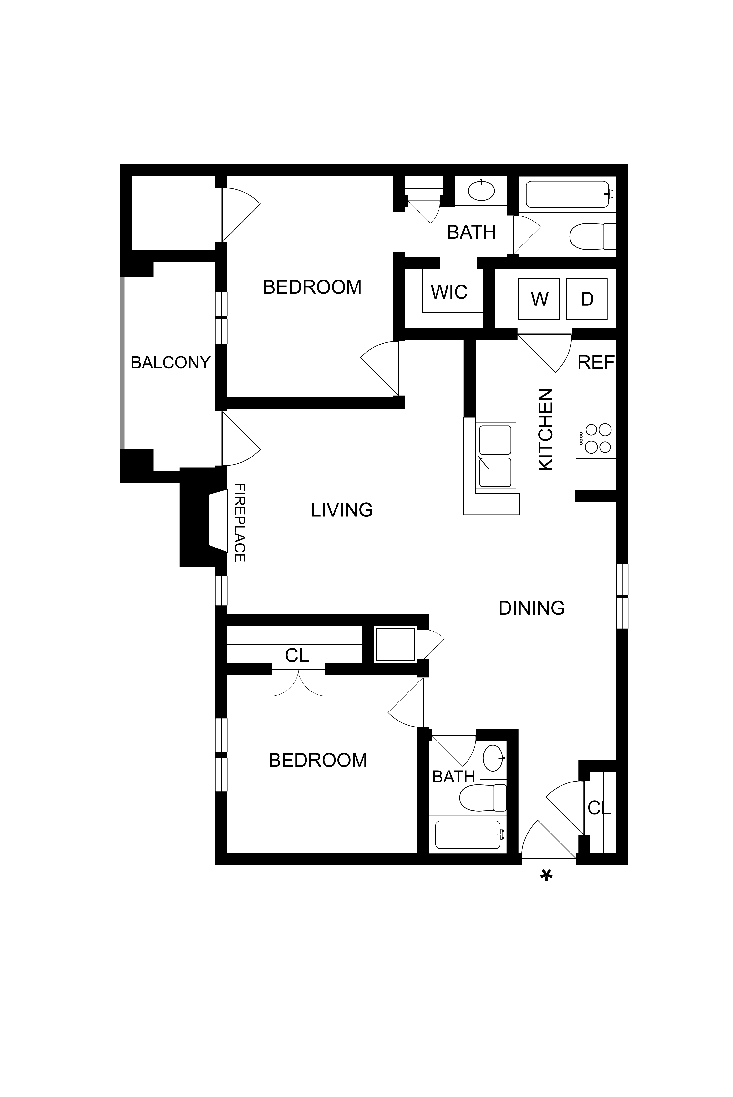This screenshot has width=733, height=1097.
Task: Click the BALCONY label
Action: coord(171,363)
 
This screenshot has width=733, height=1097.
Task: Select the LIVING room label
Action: coord(342,510)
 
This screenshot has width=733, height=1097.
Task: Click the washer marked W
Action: coord(539,299)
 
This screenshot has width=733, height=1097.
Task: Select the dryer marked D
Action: coord(587,299)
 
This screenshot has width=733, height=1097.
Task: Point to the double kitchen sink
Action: coord(495,456)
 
